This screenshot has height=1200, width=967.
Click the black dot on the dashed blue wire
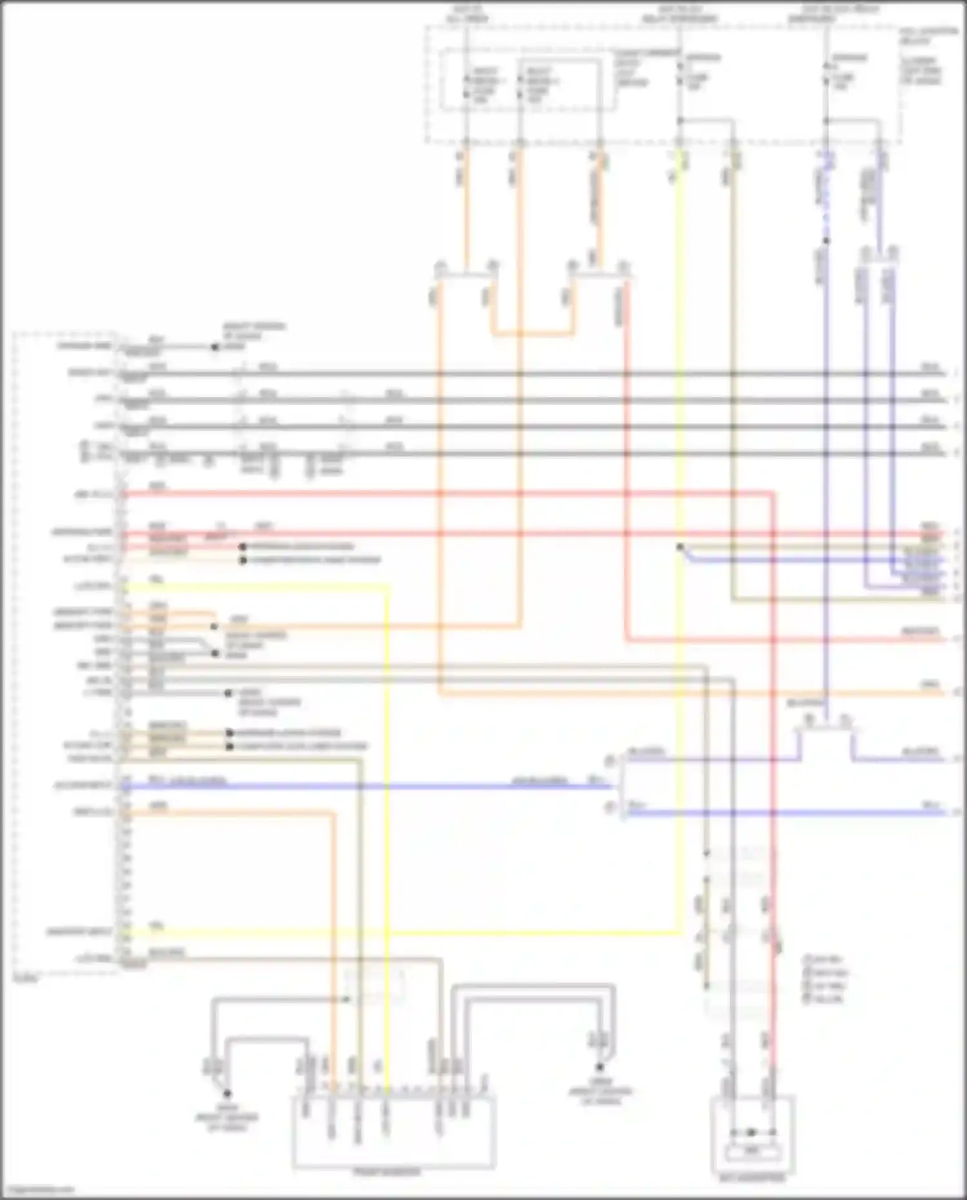(826, 241)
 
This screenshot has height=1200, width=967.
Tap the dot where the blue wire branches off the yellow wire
(680, 547)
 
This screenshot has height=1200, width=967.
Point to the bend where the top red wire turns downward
(772, 494)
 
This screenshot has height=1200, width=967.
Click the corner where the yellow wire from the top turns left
(679, 932)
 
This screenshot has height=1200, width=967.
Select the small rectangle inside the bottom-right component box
(752, 1150)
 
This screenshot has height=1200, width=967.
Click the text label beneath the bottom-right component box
(752, 1178)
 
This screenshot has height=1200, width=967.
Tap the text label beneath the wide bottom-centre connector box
(387, 1172)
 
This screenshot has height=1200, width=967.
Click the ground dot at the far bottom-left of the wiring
(227, 1094)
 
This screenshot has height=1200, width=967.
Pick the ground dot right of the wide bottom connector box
(600, 1067)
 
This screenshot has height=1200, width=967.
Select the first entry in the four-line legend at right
(822, 959)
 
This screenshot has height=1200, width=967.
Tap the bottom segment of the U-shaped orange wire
(532, 334)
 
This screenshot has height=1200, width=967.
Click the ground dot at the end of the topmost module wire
(215, 347)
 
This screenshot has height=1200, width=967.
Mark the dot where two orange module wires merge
(214, 626)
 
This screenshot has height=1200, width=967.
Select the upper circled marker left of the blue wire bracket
(609, 762)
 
